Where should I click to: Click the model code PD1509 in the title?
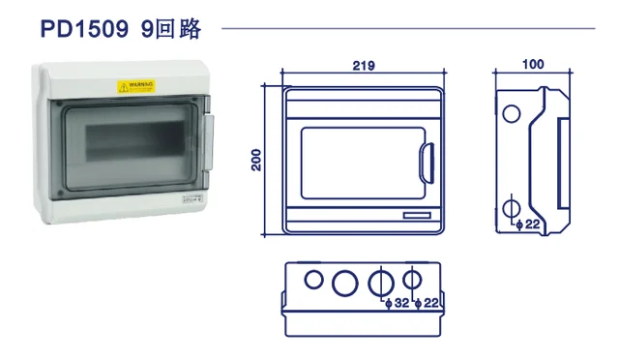(84, 30)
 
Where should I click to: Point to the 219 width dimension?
(364, 66)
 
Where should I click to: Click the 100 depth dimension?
(531, 65)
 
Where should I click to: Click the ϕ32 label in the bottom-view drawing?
(397, 304)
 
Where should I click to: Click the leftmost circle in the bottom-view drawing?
(312, 280)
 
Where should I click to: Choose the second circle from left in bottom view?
(343, 283)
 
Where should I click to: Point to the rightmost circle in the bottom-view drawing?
(412, 280)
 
